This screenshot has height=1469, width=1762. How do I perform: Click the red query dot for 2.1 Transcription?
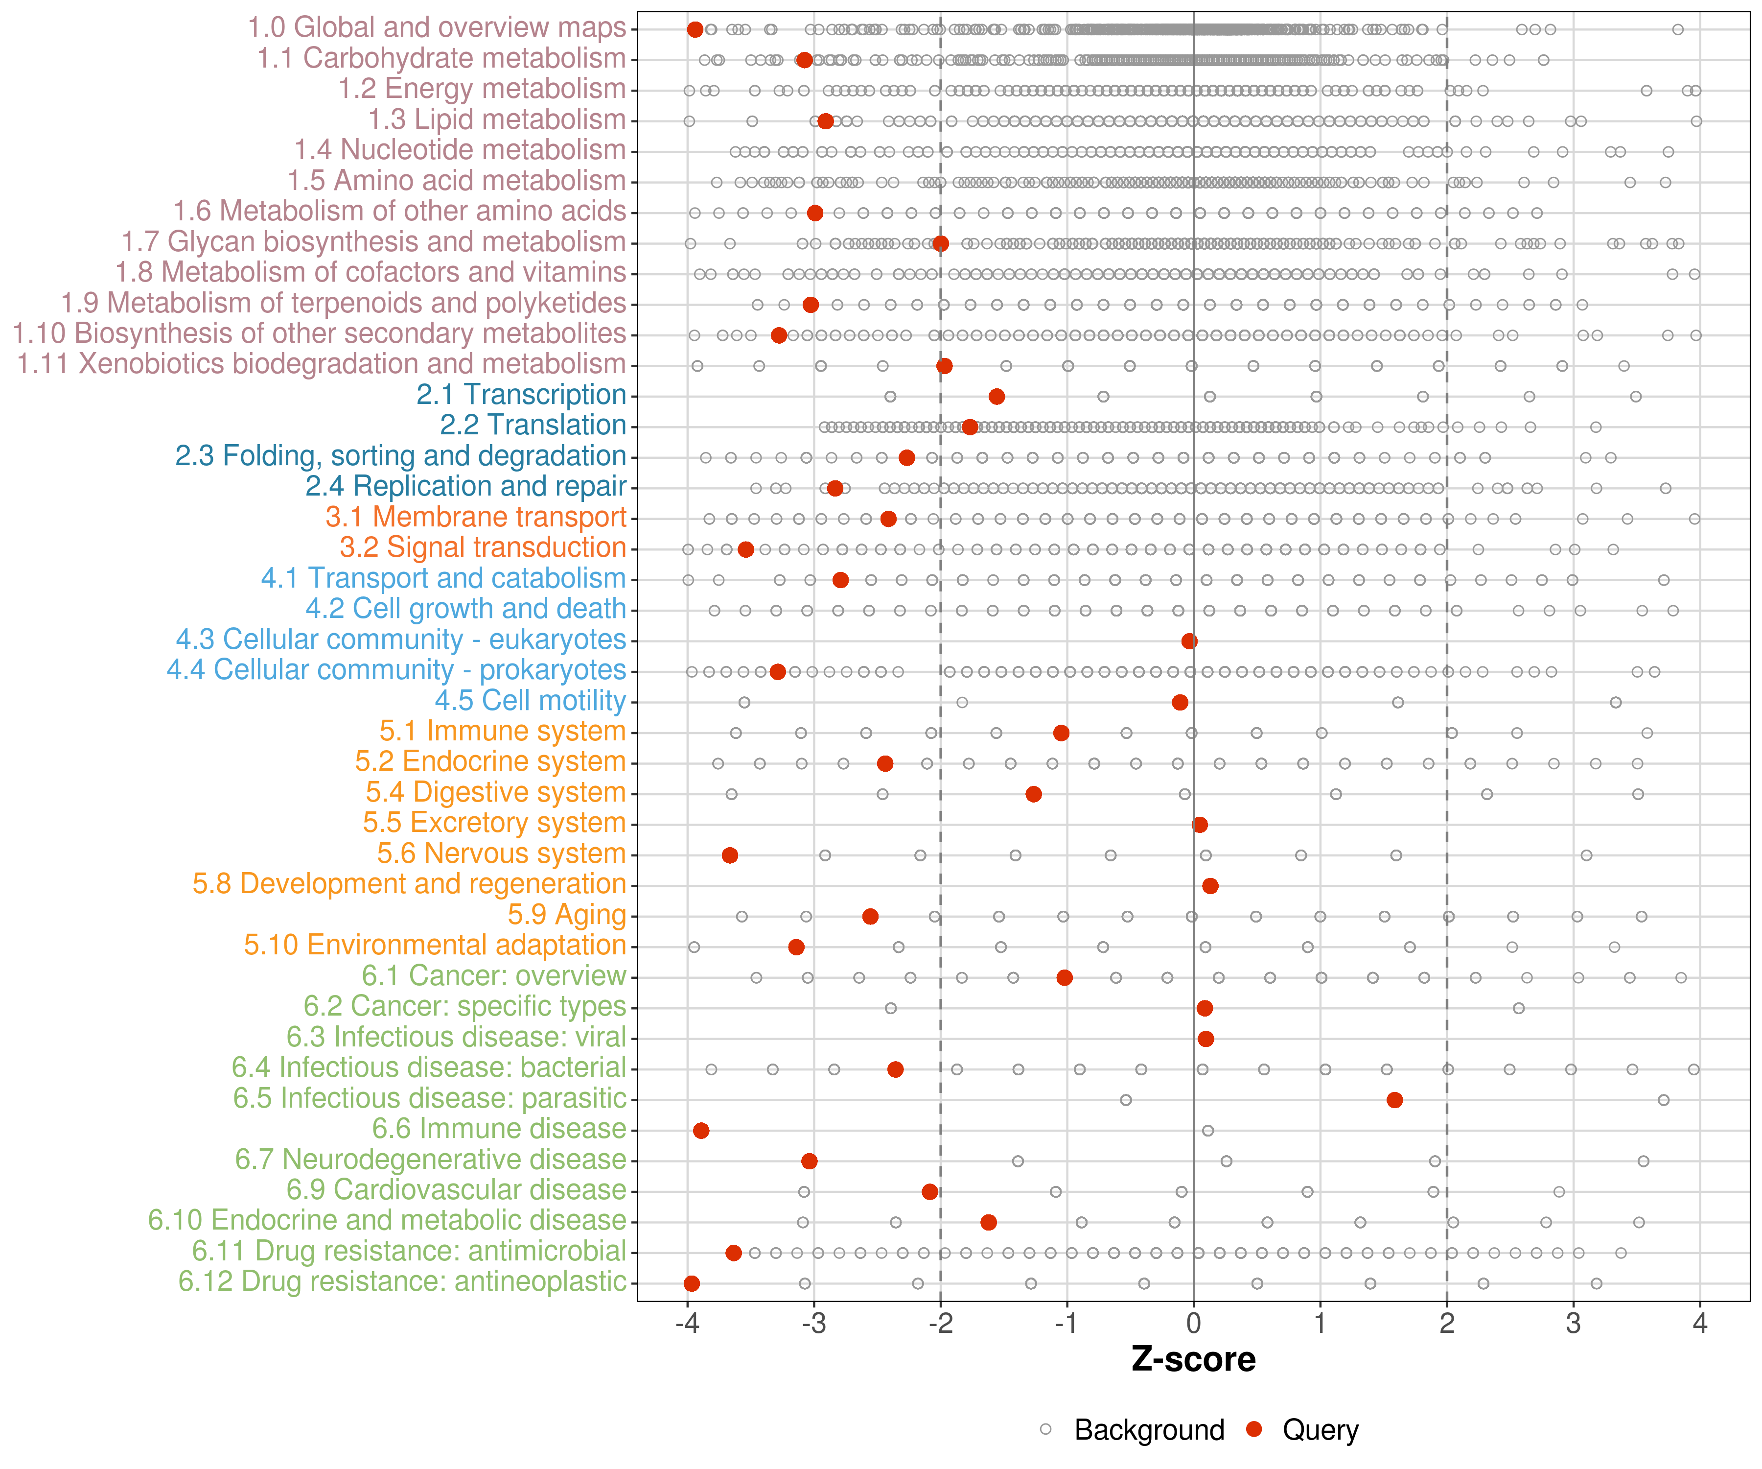(x=997, y=396)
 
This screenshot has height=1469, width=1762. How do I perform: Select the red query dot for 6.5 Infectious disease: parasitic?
(x=1394, y=1100)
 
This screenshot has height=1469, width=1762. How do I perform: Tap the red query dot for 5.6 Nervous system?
(x=730, y=855)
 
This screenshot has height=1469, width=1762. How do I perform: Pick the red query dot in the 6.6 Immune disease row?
(x=701, y=1131)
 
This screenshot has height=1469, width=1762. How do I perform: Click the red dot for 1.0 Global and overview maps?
(x=695, y=29)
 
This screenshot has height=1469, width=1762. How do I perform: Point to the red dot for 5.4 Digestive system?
(x=1034, y=794)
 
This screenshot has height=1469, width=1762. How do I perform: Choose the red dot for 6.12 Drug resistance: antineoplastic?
(x=692, y=1283)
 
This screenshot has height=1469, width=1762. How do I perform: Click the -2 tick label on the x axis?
(x=941, y=1325)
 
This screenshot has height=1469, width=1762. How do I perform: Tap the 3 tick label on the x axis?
(x=1573, y=1325)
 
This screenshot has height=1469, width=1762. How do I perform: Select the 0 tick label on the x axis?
(x=1193, y=1325)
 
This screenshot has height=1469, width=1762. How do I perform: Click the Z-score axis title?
(x=1193, y=1360)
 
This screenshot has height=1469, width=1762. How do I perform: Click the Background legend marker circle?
(x=1045, y=1429)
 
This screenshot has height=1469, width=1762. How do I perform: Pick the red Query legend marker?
(x=1254, y=1429)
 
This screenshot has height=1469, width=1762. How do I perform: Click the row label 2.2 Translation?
(x=533, y=426)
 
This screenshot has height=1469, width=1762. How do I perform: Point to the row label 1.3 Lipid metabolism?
(x=497, y=120)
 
